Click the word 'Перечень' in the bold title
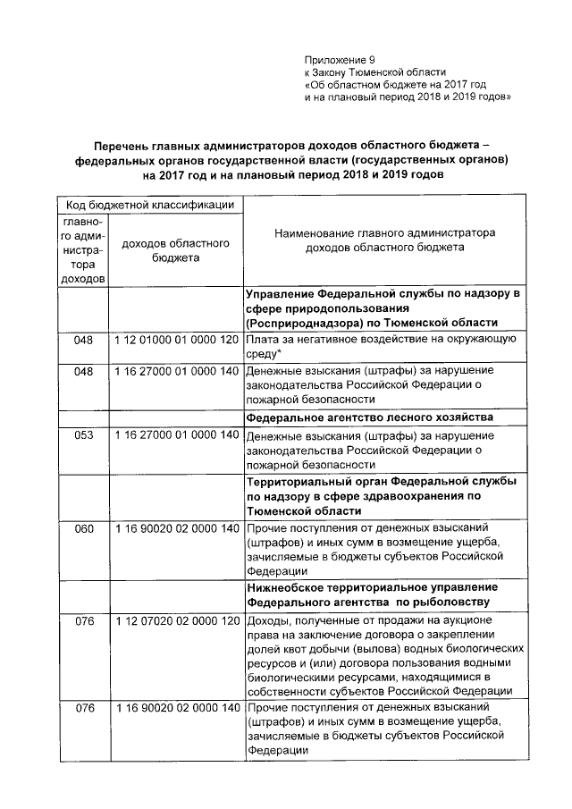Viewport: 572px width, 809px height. pos(129,145)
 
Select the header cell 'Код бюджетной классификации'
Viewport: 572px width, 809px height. pos(148,206)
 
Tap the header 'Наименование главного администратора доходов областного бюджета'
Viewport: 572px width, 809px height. pos(383,241)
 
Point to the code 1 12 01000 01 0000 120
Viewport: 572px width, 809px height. pos(176,341)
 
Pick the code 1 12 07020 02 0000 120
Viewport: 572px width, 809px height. pos(176,621)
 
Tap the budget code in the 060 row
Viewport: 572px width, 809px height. pos(176,528)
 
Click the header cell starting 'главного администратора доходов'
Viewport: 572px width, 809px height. pos(84,249)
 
